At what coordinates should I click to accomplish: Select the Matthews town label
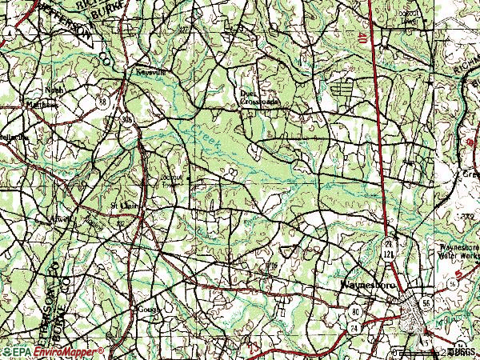coord(43,103)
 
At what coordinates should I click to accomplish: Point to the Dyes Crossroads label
coord(259,98)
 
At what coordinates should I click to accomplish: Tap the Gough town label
coord(149,309)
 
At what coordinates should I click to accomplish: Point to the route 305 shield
coord(128,118)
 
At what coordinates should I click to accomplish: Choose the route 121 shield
coord(389,253)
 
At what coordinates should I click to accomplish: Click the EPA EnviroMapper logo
coord(53,351)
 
